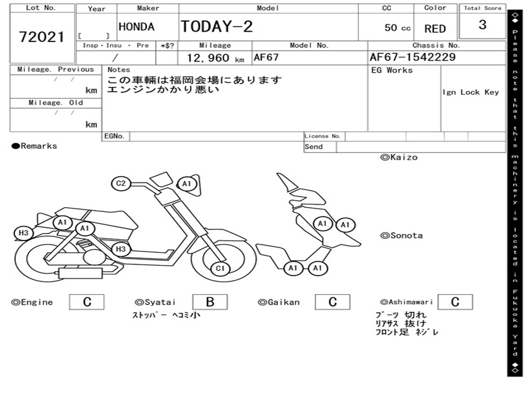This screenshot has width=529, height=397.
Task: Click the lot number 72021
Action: pos(42,37)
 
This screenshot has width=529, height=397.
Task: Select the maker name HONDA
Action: pos(136,27)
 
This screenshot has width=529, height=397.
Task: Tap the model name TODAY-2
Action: pos(216,26)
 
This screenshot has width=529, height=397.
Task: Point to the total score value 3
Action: pos(483,25)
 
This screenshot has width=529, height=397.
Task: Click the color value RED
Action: pos(435,29)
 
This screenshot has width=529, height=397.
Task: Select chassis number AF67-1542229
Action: pos(413,57)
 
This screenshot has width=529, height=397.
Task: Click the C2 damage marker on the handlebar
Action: pos(121,184)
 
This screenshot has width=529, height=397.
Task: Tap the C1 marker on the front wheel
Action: pos(221,268)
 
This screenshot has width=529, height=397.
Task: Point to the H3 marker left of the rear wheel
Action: pos(24,233)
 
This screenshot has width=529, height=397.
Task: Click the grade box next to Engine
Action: pos(87,302)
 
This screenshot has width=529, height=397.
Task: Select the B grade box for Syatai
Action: pos(210,302)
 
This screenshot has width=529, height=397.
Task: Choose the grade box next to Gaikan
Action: pos(333,302)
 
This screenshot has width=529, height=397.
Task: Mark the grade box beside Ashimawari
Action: pos(455,302)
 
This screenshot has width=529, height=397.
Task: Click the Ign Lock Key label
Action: pos(471,92)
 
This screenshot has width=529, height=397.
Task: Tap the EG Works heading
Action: pos(392,70)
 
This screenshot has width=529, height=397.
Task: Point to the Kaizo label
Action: pos(399,157)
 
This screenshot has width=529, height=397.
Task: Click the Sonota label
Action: pos(401,236)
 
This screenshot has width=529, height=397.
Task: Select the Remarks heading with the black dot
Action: pos(35,146)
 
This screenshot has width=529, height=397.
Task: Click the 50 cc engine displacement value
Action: pos(398,28)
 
